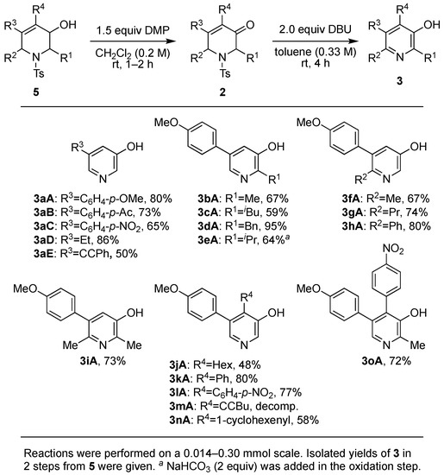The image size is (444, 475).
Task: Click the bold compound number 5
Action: point(36,92)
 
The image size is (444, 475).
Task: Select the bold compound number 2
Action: point(222,92)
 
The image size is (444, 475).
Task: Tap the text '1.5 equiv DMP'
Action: point(133,30)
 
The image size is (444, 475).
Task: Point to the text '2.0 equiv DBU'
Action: point(316,29)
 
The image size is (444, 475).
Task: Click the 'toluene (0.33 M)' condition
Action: point(316,52)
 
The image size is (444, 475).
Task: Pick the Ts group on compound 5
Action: point(39,73)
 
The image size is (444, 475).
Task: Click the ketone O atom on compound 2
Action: point(250,25)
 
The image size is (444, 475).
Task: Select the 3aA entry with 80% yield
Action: point(103,199)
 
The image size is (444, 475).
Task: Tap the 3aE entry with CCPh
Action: point(85,253)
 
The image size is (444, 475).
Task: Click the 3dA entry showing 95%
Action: point(242,226)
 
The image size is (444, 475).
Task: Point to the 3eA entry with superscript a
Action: point(242,239)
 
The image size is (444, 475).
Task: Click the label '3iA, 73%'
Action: point(103,361)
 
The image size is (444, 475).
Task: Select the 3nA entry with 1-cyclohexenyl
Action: point(244,420)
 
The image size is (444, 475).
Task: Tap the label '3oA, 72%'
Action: point(386,361)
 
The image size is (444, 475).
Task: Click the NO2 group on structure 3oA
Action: point(393,249)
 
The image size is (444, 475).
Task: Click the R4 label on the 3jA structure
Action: point(247,298)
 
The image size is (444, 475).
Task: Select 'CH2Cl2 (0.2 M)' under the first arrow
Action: point(133,54)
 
